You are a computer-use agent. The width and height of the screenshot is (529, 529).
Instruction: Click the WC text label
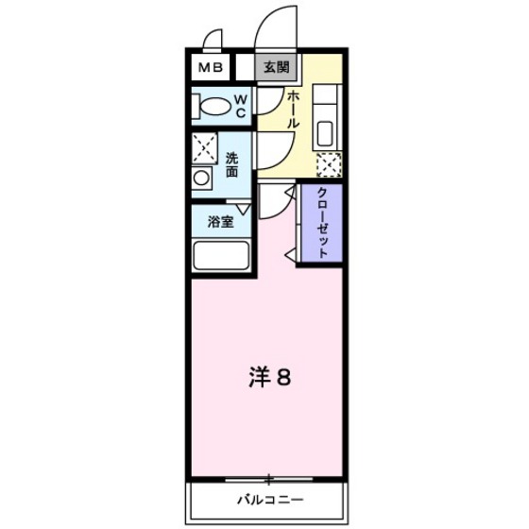pyautogui.click(x=241, y=106)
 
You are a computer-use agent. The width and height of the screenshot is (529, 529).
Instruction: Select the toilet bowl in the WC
pyautogui.click(x=212, y=106)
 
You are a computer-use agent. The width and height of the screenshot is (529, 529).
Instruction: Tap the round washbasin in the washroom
pyautogui.click(x=201, y=178)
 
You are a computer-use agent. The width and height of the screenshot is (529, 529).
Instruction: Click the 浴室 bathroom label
pyautogui.click(x=221, y=224)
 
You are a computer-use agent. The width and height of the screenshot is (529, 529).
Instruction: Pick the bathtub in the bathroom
pyautogui.click(x=220, y=256)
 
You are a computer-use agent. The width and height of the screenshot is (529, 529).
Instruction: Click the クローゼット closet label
pyautogui.click(x=322, y=223)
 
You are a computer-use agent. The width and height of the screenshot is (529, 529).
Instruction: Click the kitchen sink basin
pyautogui.click(x=328, y=130)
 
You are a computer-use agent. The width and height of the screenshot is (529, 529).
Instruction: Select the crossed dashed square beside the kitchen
pyautogui.click(x=329, y=164)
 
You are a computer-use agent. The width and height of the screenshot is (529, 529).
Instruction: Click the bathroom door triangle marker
pyautogui.click(x=243, y=210)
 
